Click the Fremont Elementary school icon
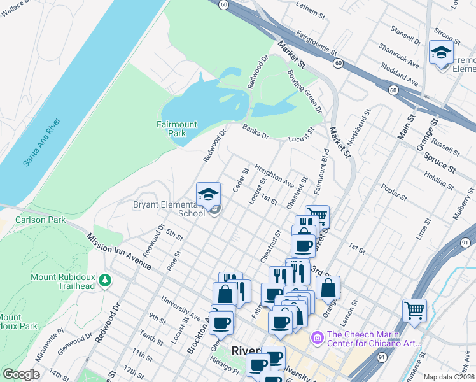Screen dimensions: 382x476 [x=441, y=53]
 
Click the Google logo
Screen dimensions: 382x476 [x=21, y=374]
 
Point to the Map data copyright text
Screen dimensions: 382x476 [x=449, y=377]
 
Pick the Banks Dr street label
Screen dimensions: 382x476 [x=255, y=131]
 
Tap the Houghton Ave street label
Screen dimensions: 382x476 [x=274, y=176]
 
